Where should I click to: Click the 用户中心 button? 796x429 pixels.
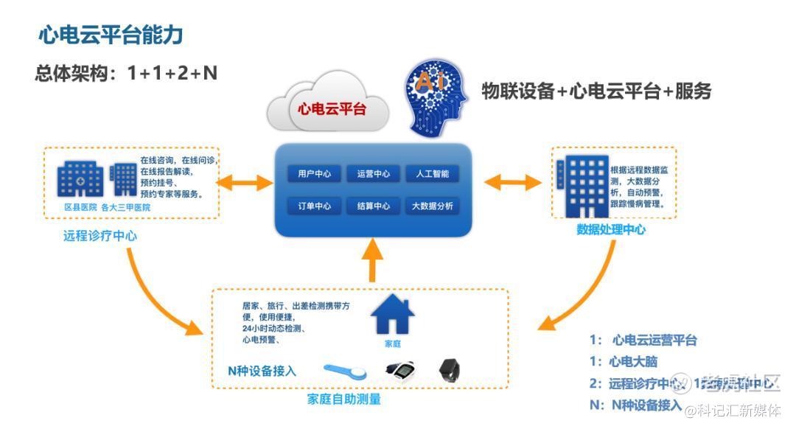tap(315, 175)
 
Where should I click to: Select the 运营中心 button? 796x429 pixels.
tap(373, 175)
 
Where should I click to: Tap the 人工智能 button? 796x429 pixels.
tap(432, 175)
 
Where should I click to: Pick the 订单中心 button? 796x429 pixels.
tap(315, 206)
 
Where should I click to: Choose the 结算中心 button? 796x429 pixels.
tap(373, 206)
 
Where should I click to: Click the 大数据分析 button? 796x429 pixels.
tap(432, 206)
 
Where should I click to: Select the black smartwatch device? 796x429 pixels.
tap(449, 369)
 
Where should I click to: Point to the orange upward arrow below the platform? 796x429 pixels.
tap(374, 261)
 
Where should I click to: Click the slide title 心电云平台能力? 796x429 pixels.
tap(111, 35)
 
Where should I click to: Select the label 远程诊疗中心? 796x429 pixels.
tap(100, 236)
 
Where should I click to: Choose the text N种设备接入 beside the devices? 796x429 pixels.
tap(262, 371)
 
